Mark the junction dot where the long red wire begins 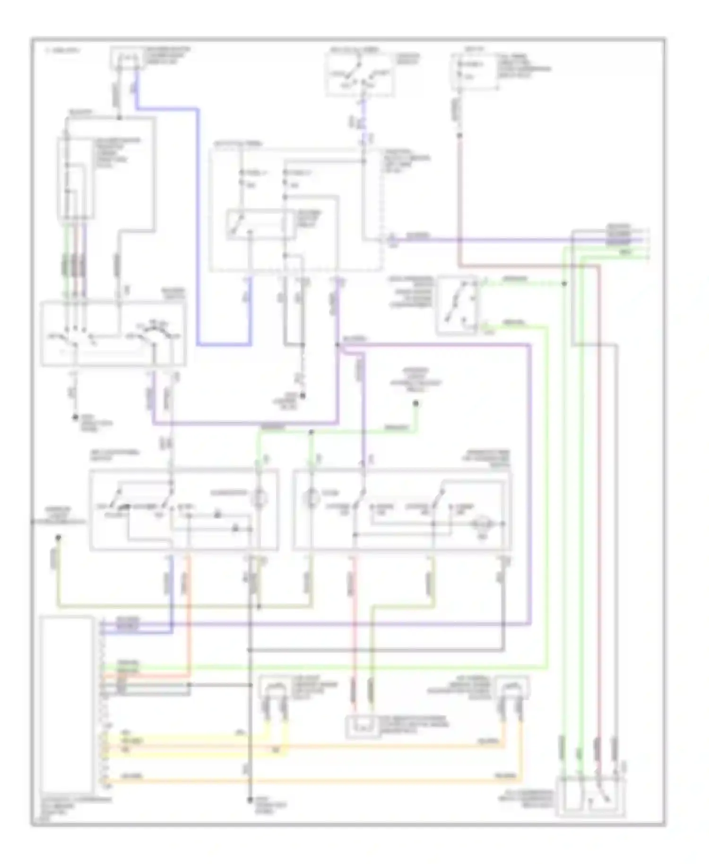(458, 135)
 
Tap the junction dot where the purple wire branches (338, 345)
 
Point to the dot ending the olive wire (58, 537)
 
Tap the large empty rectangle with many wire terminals (67, 707)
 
